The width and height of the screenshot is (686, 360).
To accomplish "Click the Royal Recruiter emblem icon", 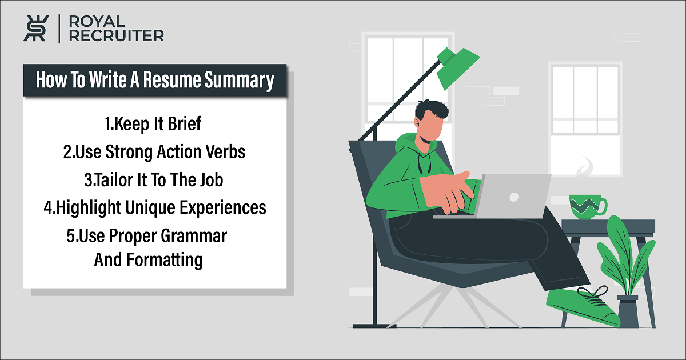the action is click(x=36, y=28).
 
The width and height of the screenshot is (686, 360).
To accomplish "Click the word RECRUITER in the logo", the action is click(x=117, y=36).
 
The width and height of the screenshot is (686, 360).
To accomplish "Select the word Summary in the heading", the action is click(x=239, y=81).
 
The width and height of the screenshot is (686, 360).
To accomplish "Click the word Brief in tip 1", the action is click(x=184, y=123).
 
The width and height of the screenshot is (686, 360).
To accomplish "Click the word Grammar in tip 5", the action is click(x=194, y=236).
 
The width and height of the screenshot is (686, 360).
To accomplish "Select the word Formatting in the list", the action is click(x=165, y=261).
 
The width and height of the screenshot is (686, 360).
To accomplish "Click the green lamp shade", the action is click(x=457, y=67).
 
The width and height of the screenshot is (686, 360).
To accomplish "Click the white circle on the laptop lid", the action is click(x=514, y=197).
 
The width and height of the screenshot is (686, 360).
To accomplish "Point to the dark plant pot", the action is click(x=628, y=311).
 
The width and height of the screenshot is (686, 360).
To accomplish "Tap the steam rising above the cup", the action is click(x=585, y=167).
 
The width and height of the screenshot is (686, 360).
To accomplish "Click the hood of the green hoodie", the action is click(x=410, y=144).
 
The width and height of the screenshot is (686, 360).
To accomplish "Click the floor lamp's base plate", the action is click(x=375, y=326).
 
